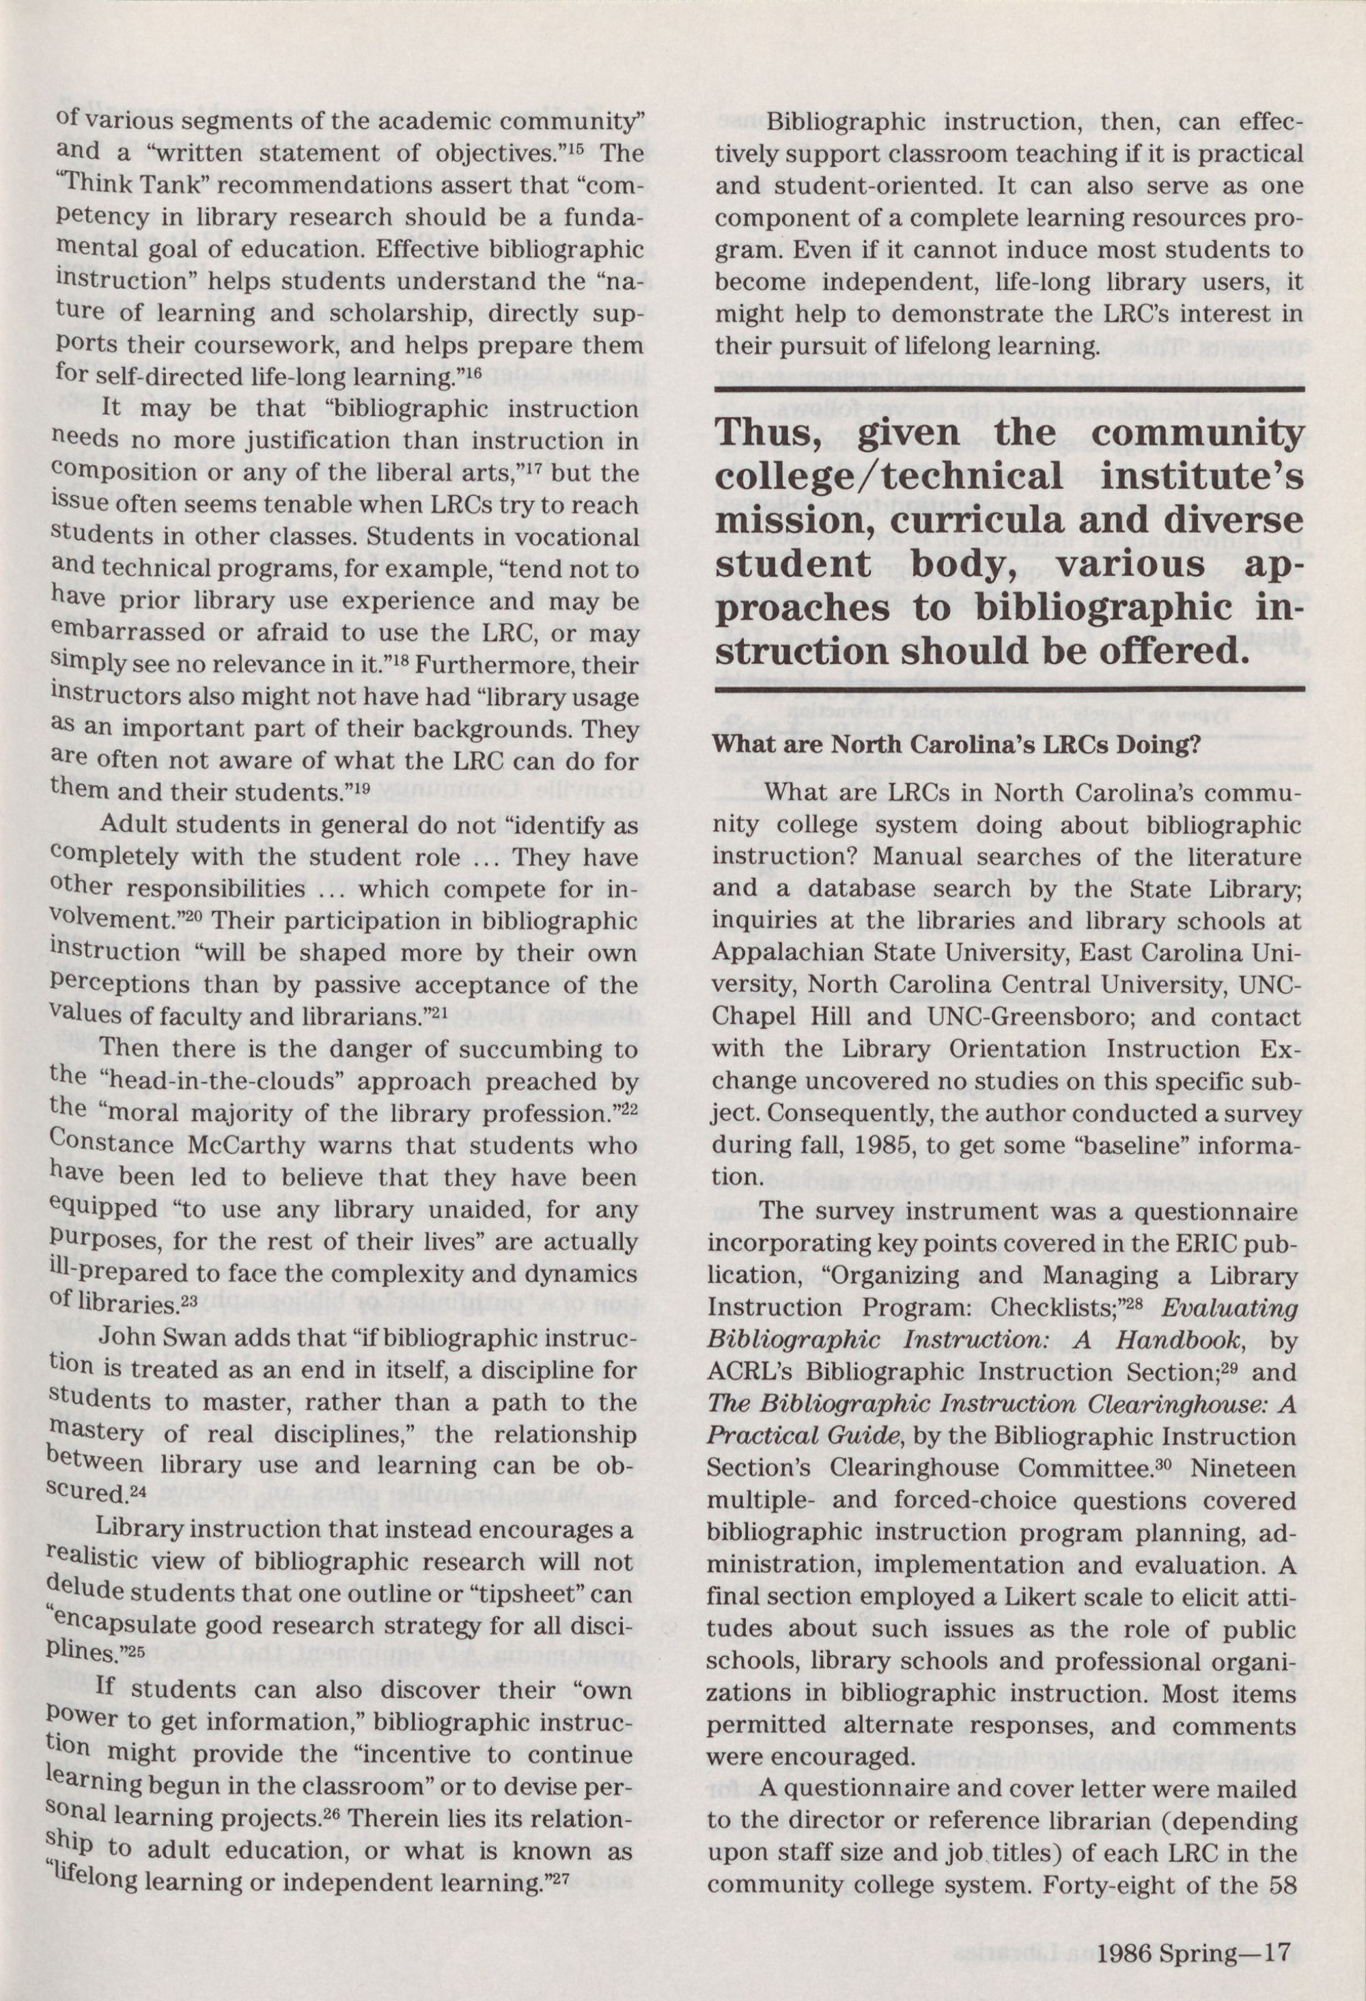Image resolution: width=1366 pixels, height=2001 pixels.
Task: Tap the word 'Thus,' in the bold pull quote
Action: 780,433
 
